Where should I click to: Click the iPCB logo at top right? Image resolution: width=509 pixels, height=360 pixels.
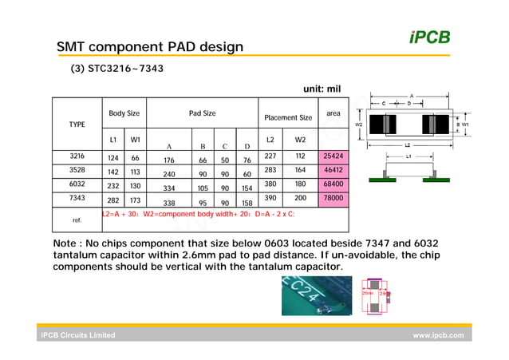point(429,37)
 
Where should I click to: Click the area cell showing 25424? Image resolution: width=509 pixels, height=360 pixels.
point(333,156)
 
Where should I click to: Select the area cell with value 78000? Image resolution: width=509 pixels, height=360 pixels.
point(333,198)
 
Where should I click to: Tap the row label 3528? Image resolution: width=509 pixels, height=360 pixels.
point(77,171)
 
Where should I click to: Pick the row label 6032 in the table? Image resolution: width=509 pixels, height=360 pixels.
point(77,184)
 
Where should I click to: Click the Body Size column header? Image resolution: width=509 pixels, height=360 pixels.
point(124,113)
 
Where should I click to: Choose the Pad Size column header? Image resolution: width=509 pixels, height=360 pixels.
point(202,113)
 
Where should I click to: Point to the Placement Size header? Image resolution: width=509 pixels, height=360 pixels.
point(288,117)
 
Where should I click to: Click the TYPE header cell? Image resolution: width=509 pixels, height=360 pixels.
point(77,125)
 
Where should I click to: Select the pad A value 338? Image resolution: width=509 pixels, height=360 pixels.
point(168,203)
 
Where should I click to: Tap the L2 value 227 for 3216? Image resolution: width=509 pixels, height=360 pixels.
point(270,156)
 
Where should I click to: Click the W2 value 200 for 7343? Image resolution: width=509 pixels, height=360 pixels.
point(300,198)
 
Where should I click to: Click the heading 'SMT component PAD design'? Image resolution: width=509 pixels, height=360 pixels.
point(149,47)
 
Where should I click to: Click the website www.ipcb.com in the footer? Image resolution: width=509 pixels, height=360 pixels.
point(437,336)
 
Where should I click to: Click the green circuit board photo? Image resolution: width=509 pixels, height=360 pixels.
point(317,295)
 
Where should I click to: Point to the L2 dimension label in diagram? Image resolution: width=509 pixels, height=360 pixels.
point(407,146)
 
